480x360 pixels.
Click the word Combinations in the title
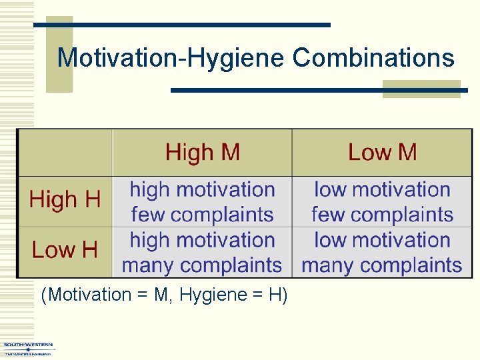click(373, 59)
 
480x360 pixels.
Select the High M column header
click(202, 152)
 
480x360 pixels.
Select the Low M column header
click(382, 152)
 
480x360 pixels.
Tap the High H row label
click(65, 200)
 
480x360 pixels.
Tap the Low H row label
click(65, 251)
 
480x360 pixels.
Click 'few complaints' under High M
click(202, 215)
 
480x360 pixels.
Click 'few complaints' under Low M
click(382, 215)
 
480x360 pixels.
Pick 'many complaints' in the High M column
click(202, 265)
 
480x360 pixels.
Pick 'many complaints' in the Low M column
click(382, 265)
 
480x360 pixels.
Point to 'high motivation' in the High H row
click(202, 190)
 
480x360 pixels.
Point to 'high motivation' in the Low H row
click(202, 240)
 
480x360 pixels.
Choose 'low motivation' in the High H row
click(382, 190)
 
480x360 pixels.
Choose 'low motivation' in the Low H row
click(382, 240)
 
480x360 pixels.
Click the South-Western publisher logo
click(28, 349)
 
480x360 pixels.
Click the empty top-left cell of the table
click(65, 152)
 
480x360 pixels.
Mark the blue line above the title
click(182, 25)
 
